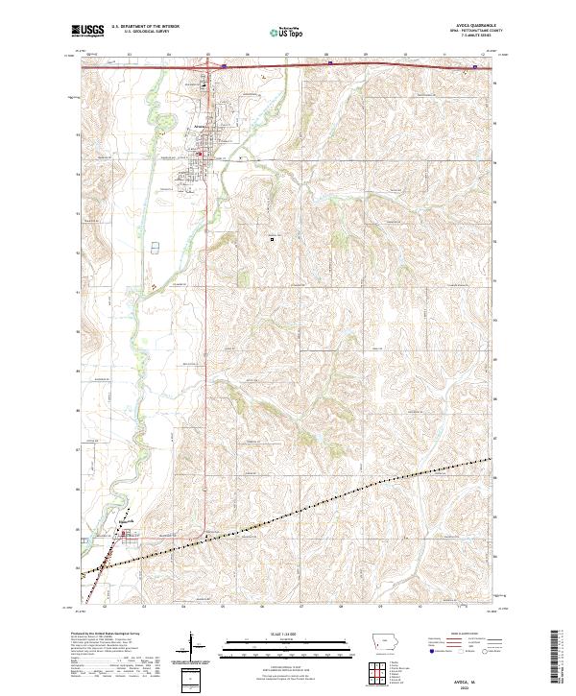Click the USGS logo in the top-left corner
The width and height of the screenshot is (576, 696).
pyautogui.click(x=88, y=31)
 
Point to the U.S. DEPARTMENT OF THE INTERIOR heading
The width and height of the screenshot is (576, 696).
pyautogui.click(x=145, y=27)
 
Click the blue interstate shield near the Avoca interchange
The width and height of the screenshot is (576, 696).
pyautogui.click(x=224, y=66)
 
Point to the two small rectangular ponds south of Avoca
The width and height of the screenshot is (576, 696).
pyautogui.click(x=156, y=248)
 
